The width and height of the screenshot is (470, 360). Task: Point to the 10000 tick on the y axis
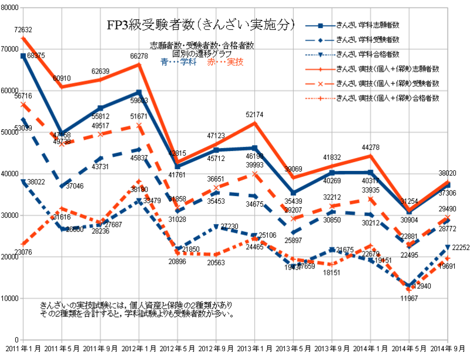point(10,298)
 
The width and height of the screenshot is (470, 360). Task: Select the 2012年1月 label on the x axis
point(139,348)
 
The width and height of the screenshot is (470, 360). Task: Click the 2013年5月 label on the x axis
point(294,348)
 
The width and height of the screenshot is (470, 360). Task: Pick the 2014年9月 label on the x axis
point(448,348)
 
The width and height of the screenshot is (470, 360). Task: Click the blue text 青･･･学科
point(179,62)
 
